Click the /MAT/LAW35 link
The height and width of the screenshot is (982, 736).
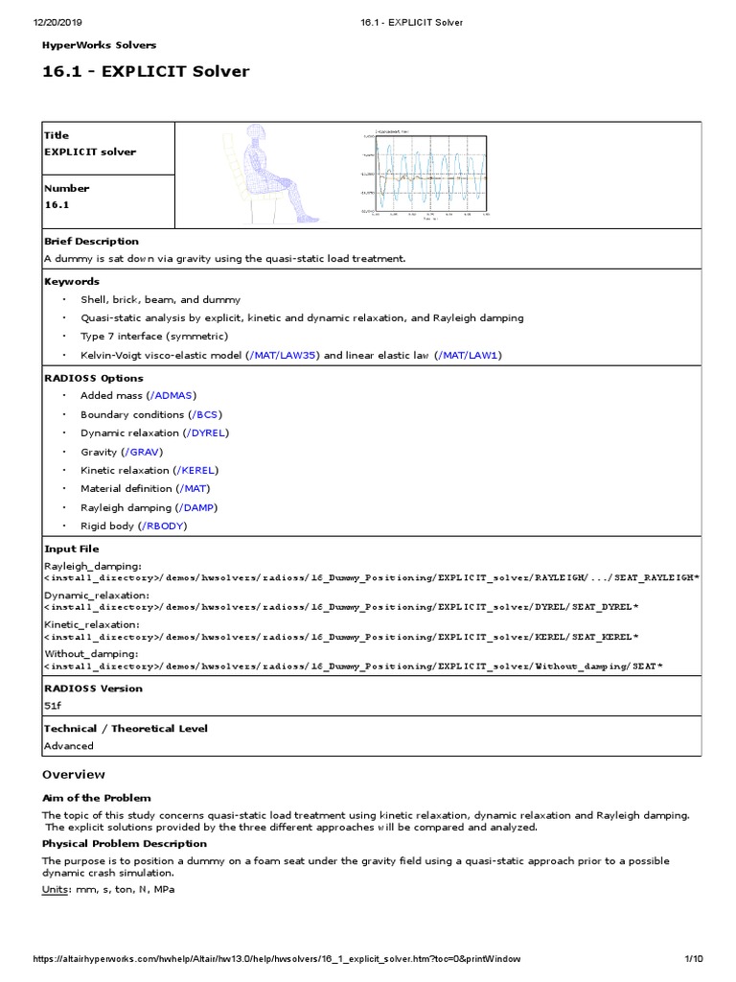[285, 355]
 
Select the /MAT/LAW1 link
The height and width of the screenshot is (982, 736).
[469, 355]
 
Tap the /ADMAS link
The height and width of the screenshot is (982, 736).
[172, 395]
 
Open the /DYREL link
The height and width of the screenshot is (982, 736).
[208, 433]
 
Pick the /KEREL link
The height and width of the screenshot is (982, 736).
[196, 470]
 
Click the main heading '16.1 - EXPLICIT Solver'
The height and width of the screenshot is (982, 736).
[146, 72]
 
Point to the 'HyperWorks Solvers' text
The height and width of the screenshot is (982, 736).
[99, 45]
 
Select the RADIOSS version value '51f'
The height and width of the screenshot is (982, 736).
[53, 705]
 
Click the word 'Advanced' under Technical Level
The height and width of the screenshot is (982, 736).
[69, 745]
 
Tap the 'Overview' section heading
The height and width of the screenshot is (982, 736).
[74, 774]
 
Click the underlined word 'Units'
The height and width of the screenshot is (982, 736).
[57, 889]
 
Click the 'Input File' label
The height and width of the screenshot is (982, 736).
[71, 549]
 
